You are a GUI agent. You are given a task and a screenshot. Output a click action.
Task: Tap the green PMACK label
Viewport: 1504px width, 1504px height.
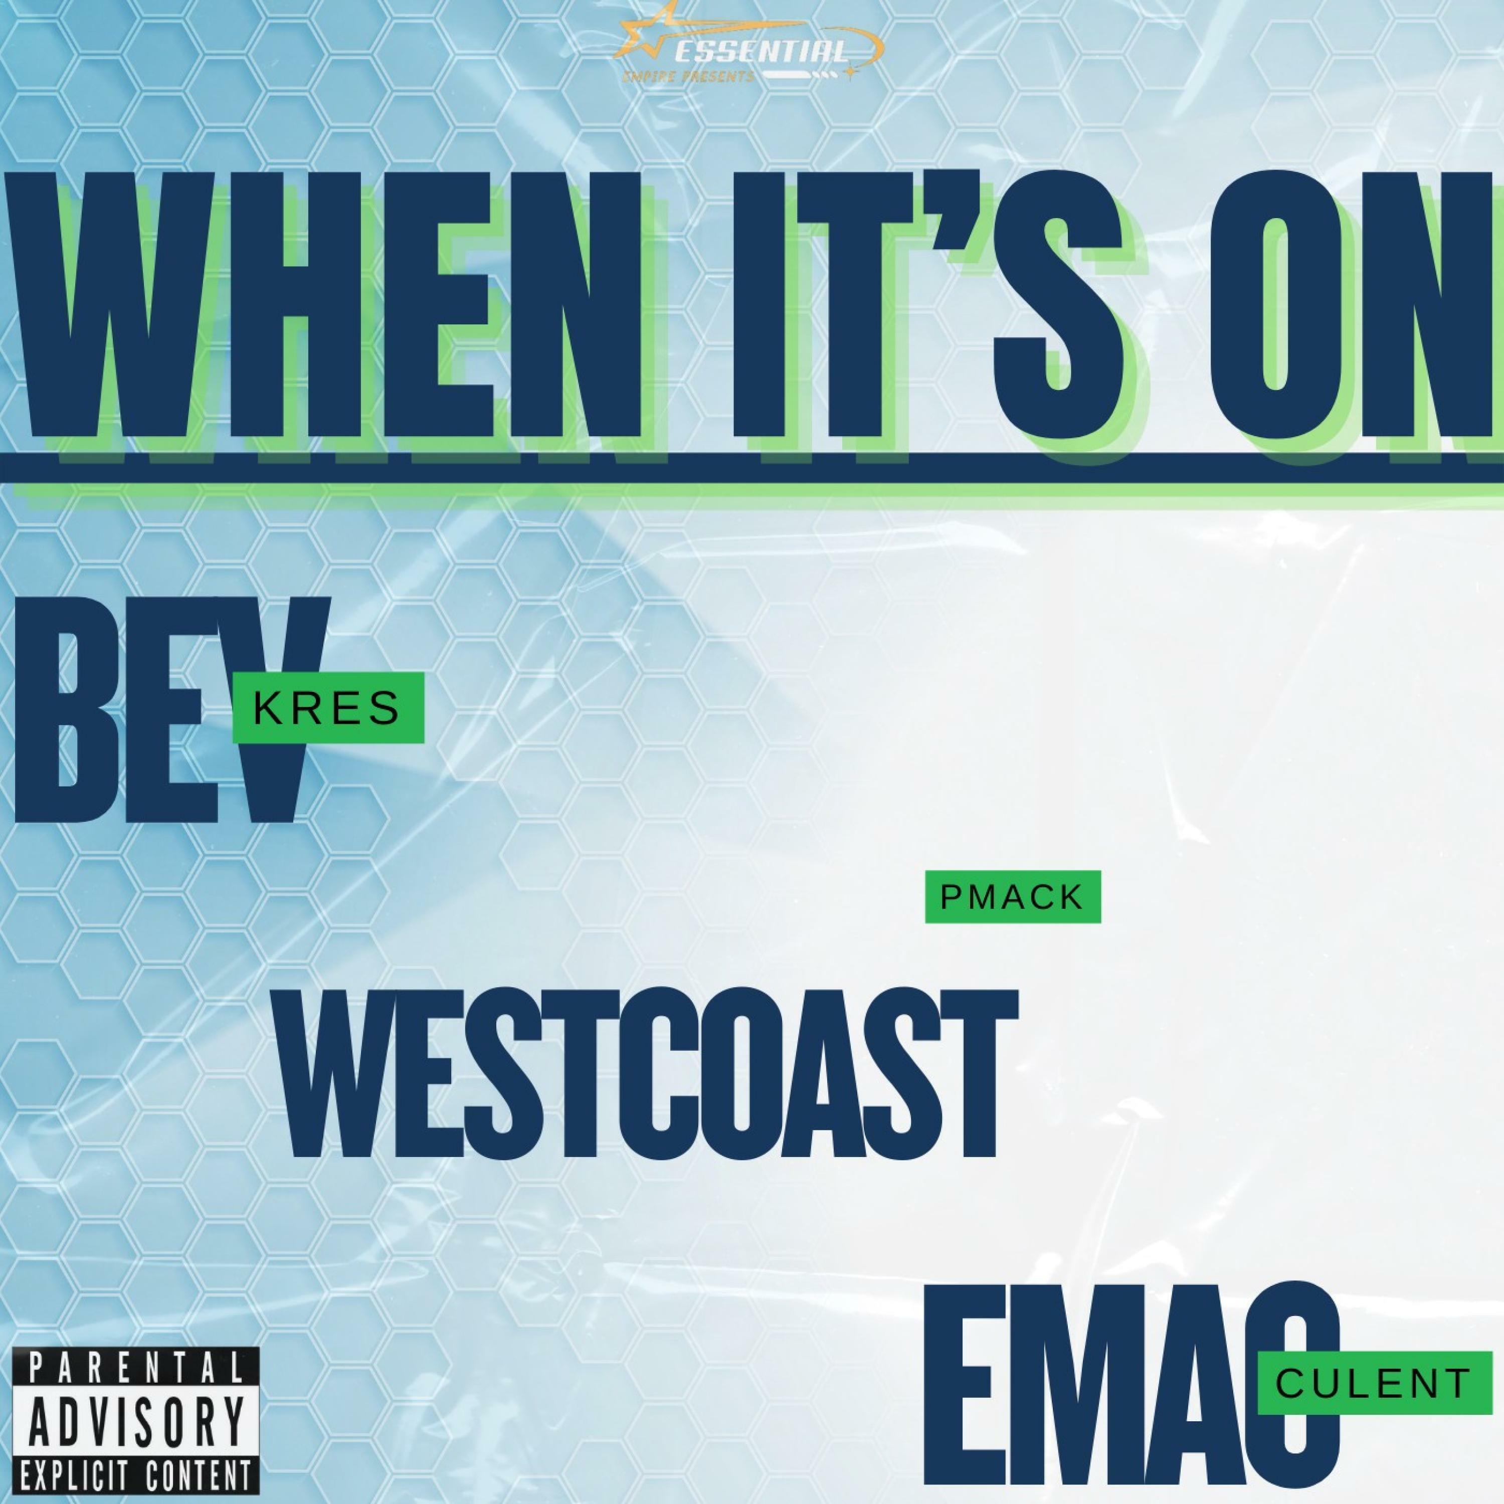pyautogui.click(x=1013, y=897)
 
